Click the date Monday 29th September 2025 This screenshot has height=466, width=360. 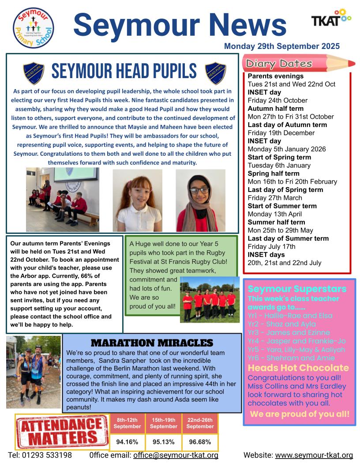click(282, 46)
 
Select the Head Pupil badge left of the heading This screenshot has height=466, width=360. click(34, 73)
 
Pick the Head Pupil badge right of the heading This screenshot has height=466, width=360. click(215, 73)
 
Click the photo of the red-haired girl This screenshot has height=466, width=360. click(137, 194)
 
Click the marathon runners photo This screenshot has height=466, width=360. click(34, 372)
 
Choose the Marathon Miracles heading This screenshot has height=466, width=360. click(152, 343)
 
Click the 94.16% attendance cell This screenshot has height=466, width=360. click(127, 441)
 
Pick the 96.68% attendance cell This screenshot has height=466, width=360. click(200, 441)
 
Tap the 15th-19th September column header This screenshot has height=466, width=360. click(164, 423)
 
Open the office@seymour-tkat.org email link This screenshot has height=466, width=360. click(176, 455)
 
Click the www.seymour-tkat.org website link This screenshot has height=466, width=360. click(314, 455)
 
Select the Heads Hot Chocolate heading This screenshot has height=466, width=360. click(298, 368)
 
